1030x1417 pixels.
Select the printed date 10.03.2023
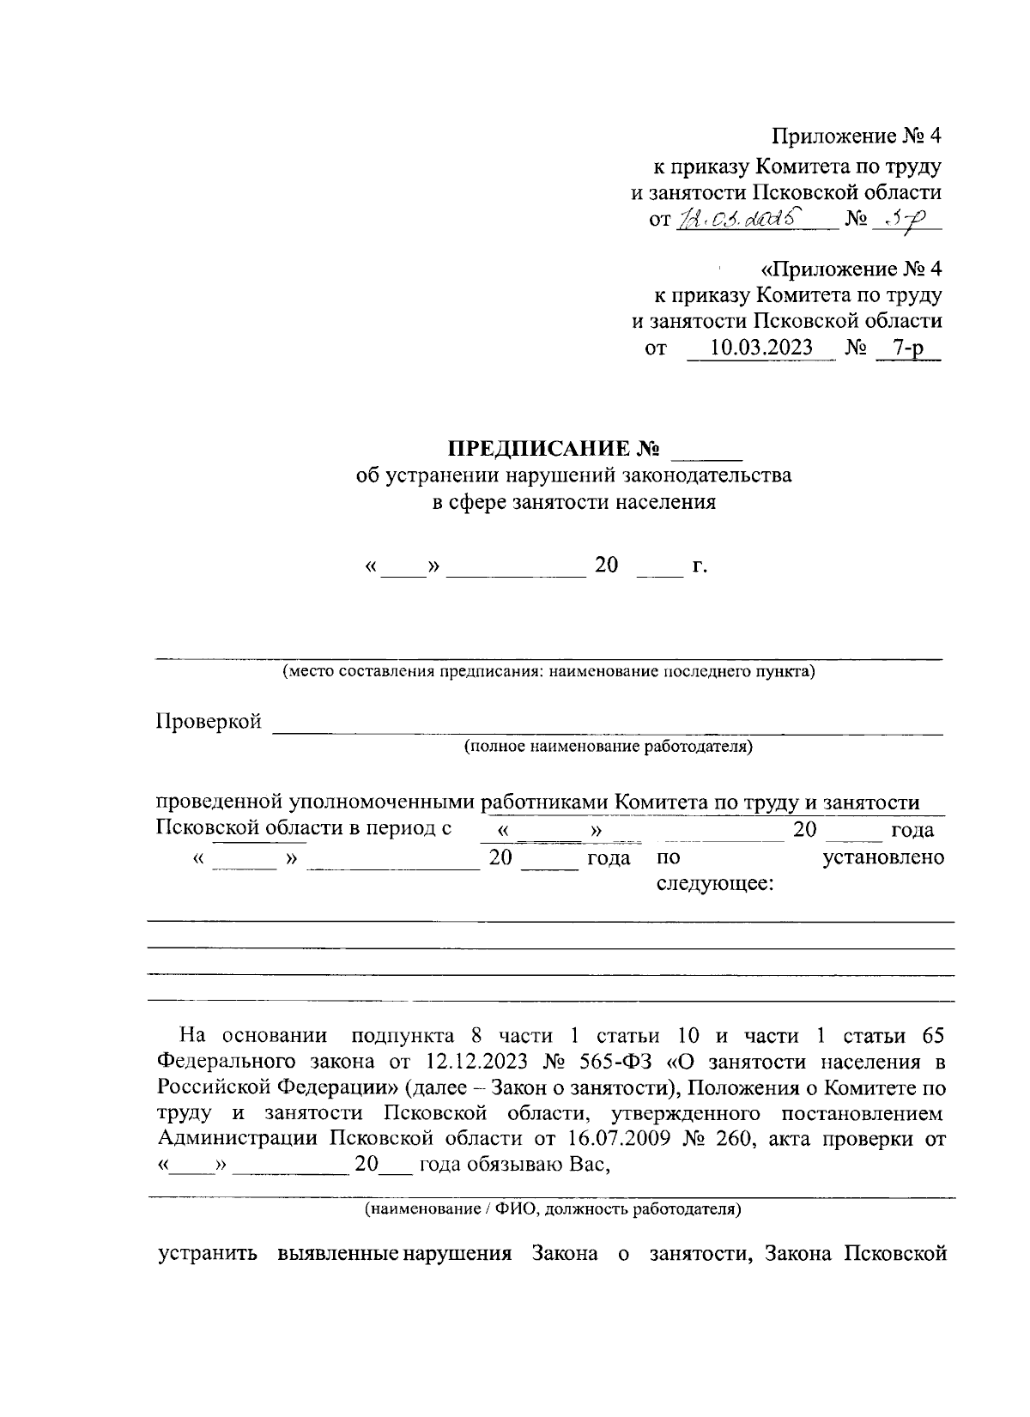pos(761,348)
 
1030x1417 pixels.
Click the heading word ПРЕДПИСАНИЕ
pos(540,449)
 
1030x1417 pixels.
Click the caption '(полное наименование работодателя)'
pos(608,747)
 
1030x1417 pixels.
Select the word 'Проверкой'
pos(209,722)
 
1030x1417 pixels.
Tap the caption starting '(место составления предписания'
pos(548,671)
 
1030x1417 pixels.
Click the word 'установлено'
pos(883,857)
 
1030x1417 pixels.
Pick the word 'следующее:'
pos(715,884)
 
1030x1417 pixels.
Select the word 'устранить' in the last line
pos(208,1253)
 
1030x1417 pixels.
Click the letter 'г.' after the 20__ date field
pos(699,566)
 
